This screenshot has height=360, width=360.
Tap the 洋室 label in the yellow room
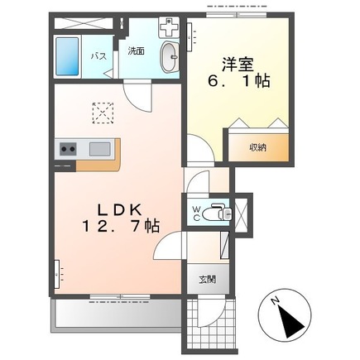(x=238, y=65)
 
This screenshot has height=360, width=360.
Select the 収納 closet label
(x=258, y=148)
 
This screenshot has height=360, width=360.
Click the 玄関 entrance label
(x=208, y=280)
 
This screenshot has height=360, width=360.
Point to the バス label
(x=98, y=57)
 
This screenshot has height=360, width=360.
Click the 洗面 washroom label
(x=137, y=51)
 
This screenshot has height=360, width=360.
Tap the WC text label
(x=196, y=214)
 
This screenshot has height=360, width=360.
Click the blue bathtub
(x=67, y=57)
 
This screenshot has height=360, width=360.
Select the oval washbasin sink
(x=170, y=57)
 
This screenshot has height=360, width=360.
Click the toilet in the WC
(x=217, y=213)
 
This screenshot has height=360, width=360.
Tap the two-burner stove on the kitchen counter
(x=68, y=149)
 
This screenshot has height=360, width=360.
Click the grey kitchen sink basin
(x=100, y=149)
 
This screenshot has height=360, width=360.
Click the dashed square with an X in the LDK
(x=103, y=113)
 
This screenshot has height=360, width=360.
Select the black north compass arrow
(x=291, y=321)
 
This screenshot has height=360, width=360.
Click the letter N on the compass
(x=275, y=301)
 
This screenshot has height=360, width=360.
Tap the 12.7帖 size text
(x=121, y=227)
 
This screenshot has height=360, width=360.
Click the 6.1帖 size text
(x=239, y=81)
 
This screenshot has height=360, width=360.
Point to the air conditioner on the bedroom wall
(x=190, y=37)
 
